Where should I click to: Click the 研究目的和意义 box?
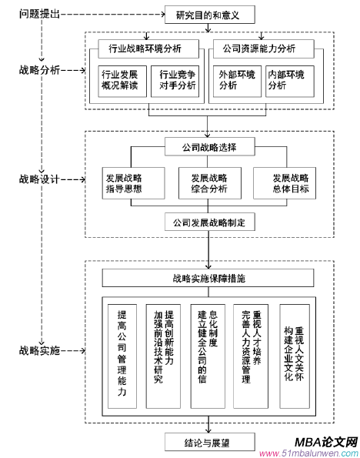(x=208, y=15)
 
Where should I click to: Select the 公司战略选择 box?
(x=208, y=147)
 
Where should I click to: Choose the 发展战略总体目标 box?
(x=289, y=182)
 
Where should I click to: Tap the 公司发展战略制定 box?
(x=208, y=222)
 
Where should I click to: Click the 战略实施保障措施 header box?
(x=208, y=278)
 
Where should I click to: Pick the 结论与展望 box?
(x=208, y=442)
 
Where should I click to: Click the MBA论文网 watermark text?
(x=325, y=442)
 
